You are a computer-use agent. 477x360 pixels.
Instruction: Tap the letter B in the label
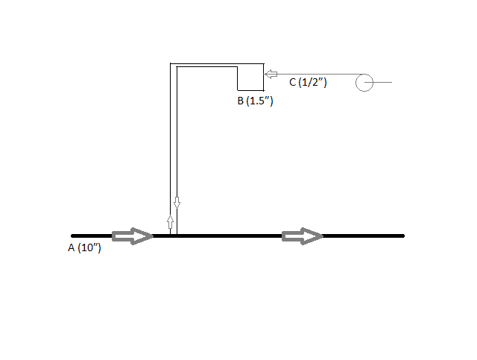coord(241,101)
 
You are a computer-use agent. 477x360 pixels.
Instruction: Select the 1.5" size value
coord(261,101)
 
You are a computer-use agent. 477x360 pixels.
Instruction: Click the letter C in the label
coord(293,82)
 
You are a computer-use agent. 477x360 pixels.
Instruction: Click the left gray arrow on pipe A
coord(132,236)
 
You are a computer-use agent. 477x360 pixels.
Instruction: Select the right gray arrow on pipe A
coord(302,236)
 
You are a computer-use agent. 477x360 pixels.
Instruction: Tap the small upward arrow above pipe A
coord(170,221)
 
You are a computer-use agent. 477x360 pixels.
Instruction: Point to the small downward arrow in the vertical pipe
coord(177,203)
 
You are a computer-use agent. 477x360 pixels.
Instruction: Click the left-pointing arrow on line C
coord(271,75)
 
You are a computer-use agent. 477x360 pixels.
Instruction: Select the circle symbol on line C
coord(364,81)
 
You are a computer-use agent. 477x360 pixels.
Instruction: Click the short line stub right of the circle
coord(382,81)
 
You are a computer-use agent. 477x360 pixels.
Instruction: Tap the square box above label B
coord(250,77)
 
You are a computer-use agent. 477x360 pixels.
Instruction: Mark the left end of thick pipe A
coord(72,236)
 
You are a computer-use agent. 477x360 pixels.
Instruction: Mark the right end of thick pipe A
coord(402,236)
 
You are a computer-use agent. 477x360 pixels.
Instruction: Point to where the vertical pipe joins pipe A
coord(174,235)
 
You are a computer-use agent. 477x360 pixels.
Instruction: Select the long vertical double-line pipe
coord(174,149)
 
